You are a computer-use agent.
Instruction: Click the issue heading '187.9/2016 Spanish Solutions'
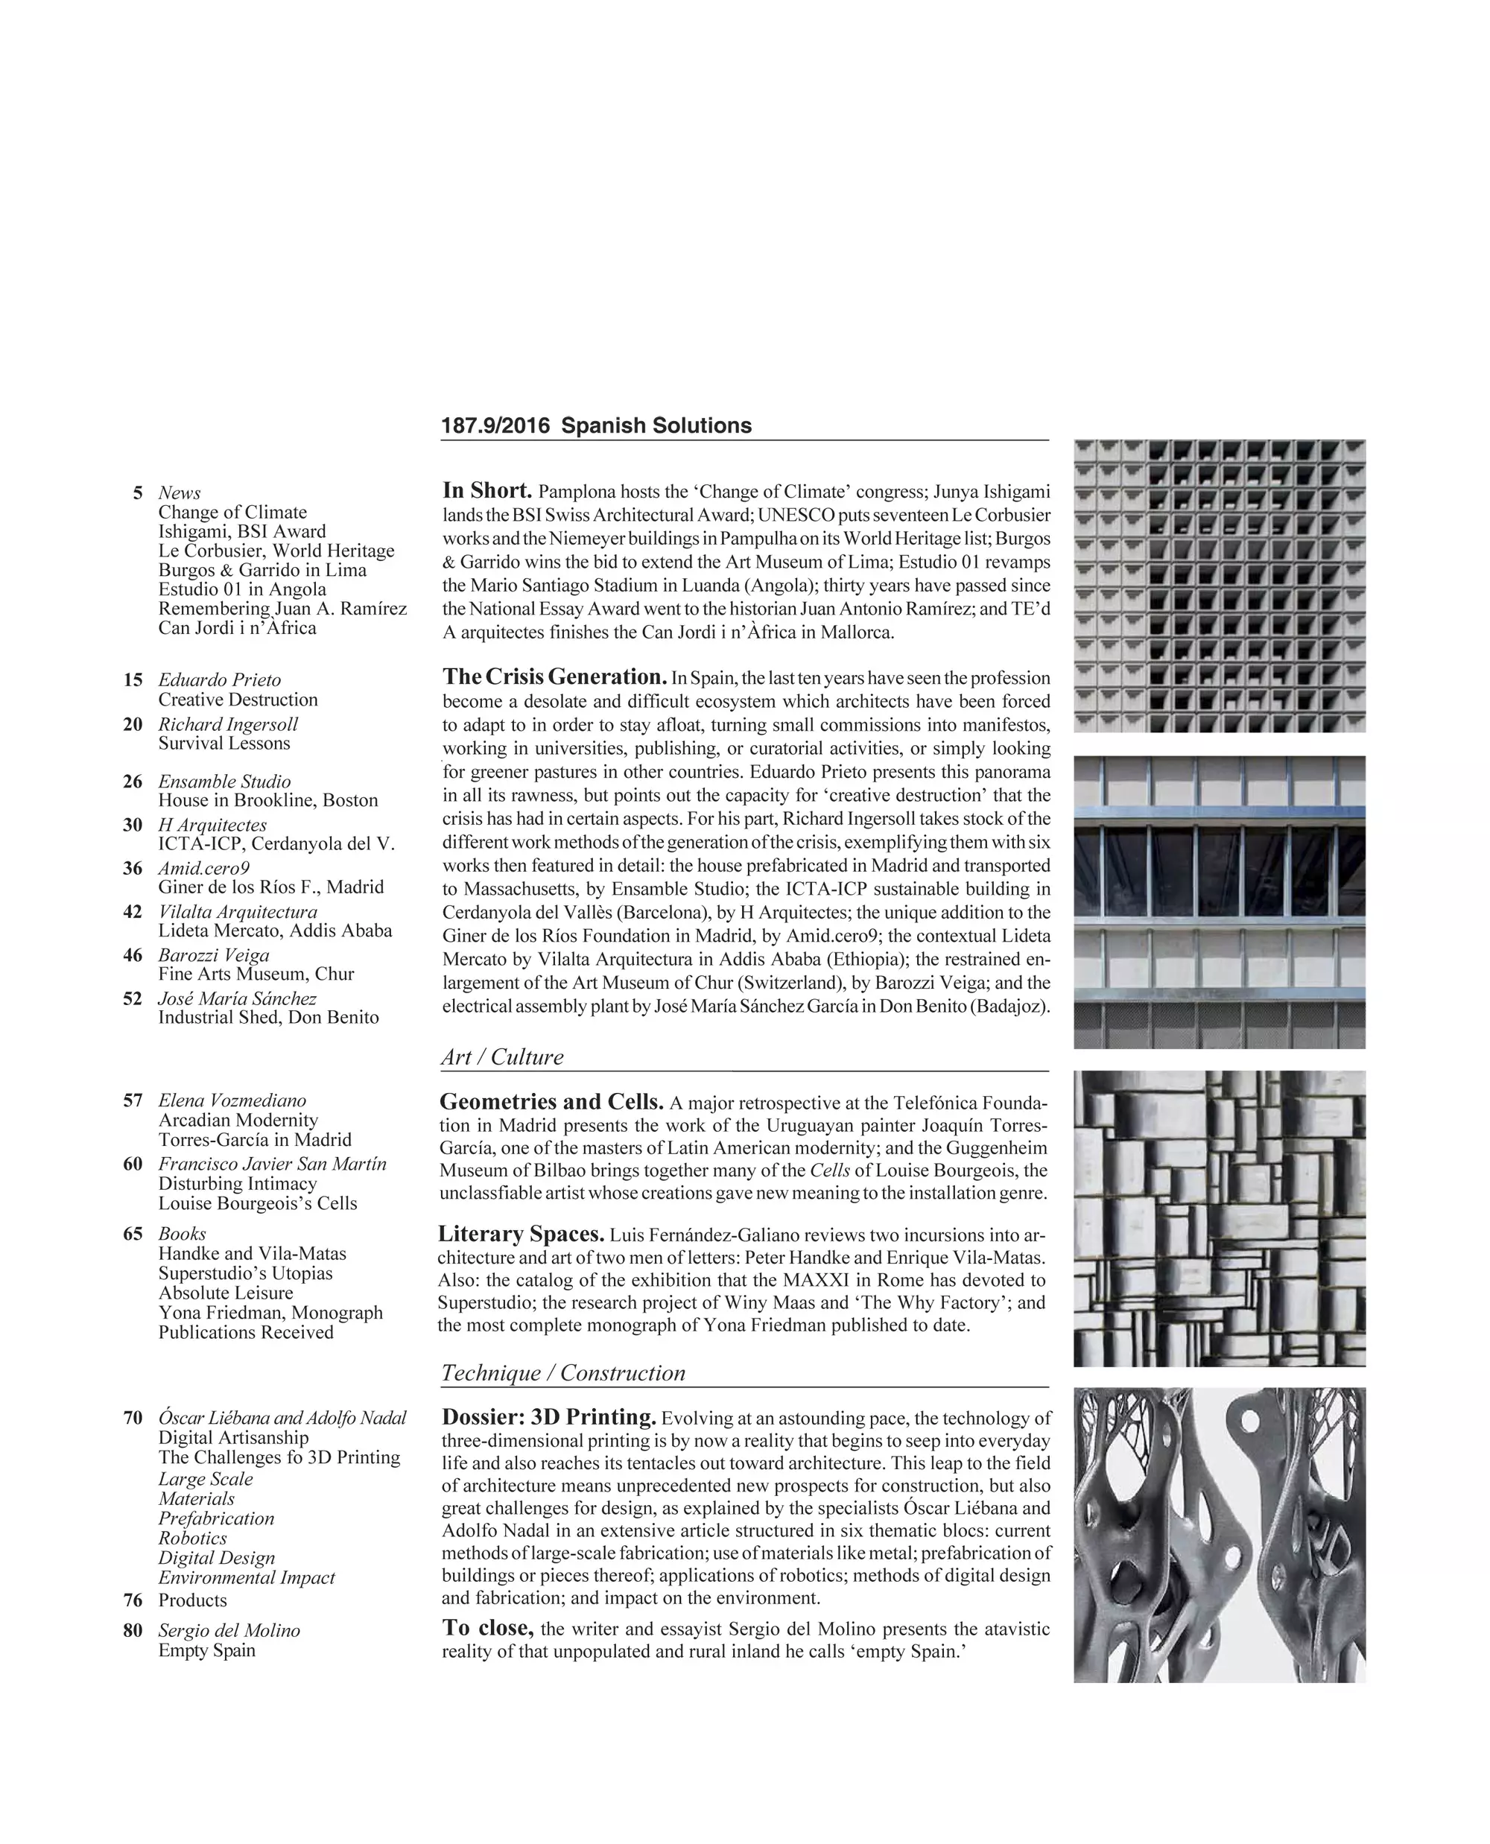[x=596, y=426]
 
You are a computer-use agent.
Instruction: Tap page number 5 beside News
[x=137, y=492]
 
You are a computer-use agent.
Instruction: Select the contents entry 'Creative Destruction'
[x=238, y=700]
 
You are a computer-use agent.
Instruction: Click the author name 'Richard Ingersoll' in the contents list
[x=227, y=723]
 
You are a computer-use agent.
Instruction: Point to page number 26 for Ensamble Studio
[x=133, y=782]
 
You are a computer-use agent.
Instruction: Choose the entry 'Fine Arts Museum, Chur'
[x=256, y=974]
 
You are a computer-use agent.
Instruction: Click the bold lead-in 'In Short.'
[x=487, y=491]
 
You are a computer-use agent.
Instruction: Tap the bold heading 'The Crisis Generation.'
[x=554, y=677]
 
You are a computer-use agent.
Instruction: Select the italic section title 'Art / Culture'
[x=502, y=1056]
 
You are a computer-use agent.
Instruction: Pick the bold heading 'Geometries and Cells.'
[x=551, y=1101]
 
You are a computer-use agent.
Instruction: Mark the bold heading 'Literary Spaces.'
[x=521, y=1234]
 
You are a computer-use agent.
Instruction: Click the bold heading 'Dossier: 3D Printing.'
[x=548, y=1417]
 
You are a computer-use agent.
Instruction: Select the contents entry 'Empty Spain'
[x=207, y=1650]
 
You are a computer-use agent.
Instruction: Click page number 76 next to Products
[x=133, y=1600]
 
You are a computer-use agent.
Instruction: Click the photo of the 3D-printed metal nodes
[x=1219, y=1535]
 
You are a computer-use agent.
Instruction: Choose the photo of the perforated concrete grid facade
[x=1219, y=586]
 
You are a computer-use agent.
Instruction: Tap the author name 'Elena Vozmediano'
[x=232, y=1100]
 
